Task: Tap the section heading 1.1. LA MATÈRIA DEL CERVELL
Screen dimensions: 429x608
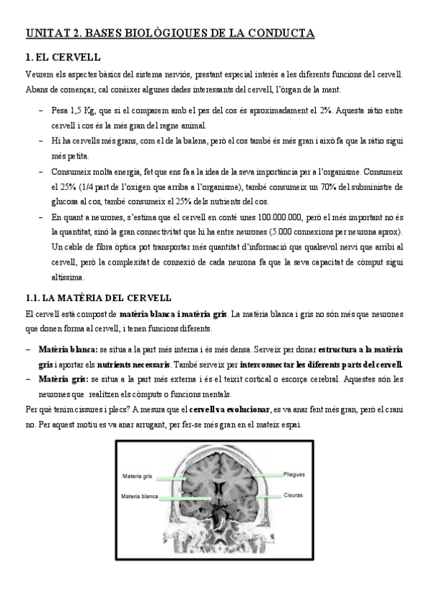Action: coord(97,298)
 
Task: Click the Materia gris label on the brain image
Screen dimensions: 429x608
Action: coord(138,475)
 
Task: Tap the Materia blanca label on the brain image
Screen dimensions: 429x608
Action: coord(140,495)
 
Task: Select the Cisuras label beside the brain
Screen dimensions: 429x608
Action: coord(293,495)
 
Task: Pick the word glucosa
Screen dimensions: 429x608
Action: coord(65,201)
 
